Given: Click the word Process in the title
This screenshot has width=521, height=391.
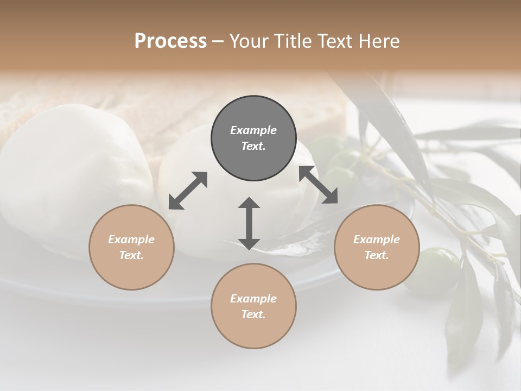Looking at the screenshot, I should click(170, 41).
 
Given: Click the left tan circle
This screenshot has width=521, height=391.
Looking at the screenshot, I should click(131, 247).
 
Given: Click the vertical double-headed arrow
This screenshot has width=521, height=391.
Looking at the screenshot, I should click(249, 223).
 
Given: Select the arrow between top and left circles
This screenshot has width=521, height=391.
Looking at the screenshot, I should click(188, 190).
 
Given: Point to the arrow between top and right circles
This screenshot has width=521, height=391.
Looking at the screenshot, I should click(318, 185).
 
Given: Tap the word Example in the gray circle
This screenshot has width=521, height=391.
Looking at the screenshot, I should click(253, 130).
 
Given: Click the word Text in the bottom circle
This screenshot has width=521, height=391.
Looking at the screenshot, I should click(253, 314).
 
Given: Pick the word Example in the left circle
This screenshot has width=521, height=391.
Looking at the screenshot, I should click(131, 239).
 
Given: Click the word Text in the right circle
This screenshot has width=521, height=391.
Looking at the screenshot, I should click(377, 255).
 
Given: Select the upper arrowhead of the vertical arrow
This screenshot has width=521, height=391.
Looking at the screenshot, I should click(249, 203).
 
